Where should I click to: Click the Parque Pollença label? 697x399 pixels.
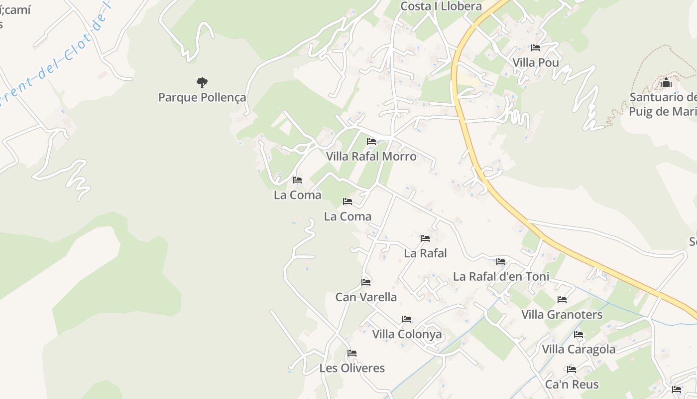click(202, 97)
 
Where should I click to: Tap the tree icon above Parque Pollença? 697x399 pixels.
click(202, 82)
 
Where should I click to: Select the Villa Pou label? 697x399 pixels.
click(536, 63)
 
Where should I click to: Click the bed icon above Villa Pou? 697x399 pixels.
click(536, 48)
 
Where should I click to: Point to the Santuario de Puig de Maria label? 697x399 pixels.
click(663, 104)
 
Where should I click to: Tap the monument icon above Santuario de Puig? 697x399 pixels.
click(666, 82)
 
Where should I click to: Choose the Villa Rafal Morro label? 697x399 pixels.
click(371, 156)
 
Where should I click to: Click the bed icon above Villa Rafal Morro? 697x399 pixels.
click(371, 142)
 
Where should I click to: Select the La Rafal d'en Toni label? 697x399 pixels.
click(501, 276)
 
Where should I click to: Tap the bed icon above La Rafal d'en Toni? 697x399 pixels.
click(501, 261)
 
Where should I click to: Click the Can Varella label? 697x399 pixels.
click(366, 297)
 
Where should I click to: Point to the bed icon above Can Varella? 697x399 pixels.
click(366, 282)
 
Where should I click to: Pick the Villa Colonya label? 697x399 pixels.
click(407, 334)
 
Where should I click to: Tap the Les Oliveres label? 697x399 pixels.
click(352, 368)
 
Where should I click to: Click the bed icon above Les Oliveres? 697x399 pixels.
click(352, 353)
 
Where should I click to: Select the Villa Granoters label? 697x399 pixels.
click(562, 315)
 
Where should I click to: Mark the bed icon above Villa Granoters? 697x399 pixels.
click(562, 300)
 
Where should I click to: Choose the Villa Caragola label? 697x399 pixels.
click(579, 349)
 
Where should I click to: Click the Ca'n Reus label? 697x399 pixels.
click(572, 385)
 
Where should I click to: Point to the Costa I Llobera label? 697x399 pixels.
click(441, 6)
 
